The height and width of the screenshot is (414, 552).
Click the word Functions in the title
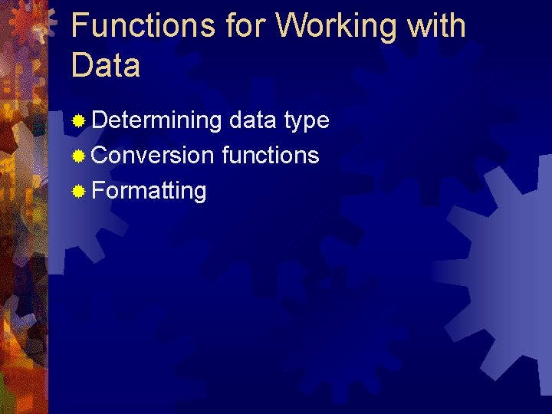(143, 25)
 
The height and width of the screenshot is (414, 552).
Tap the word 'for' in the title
(247, 25)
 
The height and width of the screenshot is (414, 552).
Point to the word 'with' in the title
(436, 25)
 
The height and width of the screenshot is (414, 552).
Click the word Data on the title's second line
(106, 65)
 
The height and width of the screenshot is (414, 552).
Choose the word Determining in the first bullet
(156, 120)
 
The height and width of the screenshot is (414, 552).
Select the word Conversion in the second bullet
(153, 156)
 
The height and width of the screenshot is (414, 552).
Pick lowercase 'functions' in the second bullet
(270, 156)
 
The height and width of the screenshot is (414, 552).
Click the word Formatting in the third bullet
(149, 191)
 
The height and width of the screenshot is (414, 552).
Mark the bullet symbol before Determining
(78, 121)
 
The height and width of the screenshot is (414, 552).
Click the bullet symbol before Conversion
(78, 156)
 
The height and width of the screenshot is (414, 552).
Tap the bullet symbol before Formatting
(78, 191)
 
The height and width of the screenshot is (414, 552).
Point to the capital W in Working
(292, 25)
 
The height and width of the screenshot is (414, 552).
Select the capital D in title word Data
(81, 65)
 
